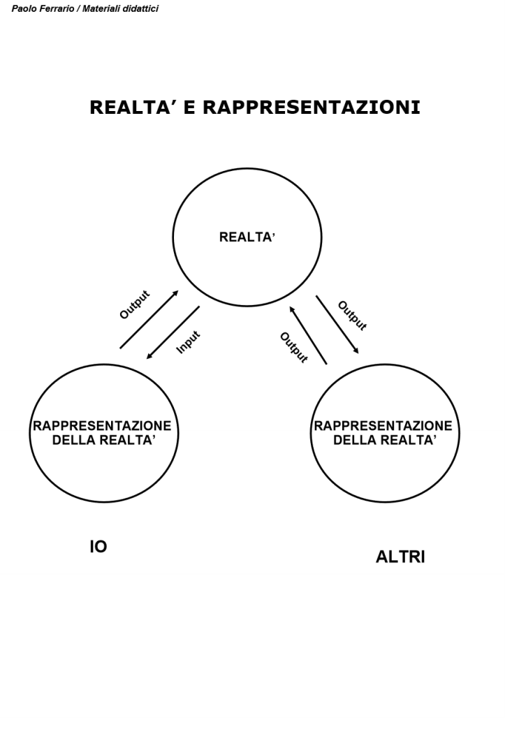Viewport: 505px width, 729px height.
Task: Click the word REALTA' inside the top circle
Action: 247,237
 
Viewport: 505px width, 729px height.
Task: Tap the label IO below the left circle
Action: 98,547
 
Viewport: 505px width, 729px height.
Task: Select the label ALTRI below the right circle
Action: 400,557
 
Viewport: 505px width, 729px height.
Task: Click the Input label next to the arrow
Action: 189,342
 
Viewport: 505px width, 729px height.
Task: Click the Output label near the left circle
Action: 134,304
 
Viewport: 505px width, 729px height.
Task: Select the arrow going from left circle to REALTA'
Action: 149,319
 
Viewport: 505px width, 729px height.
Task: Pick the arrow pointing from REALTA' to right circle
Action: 337,324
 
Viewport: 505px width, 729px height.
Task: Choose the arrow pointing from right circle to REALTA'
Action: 308,334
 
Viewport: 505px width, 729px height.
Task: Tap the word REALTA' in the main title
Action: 134,108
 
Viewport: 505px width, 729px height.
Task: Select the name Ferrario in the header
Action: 55,9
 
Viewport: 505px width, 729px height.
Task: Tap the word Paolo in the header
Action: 23,9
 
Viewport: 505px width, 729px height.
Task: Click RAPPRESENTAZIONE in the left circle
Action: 102,426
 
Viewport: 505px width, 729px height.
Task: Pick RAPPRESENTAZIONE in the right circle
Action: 383,426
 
